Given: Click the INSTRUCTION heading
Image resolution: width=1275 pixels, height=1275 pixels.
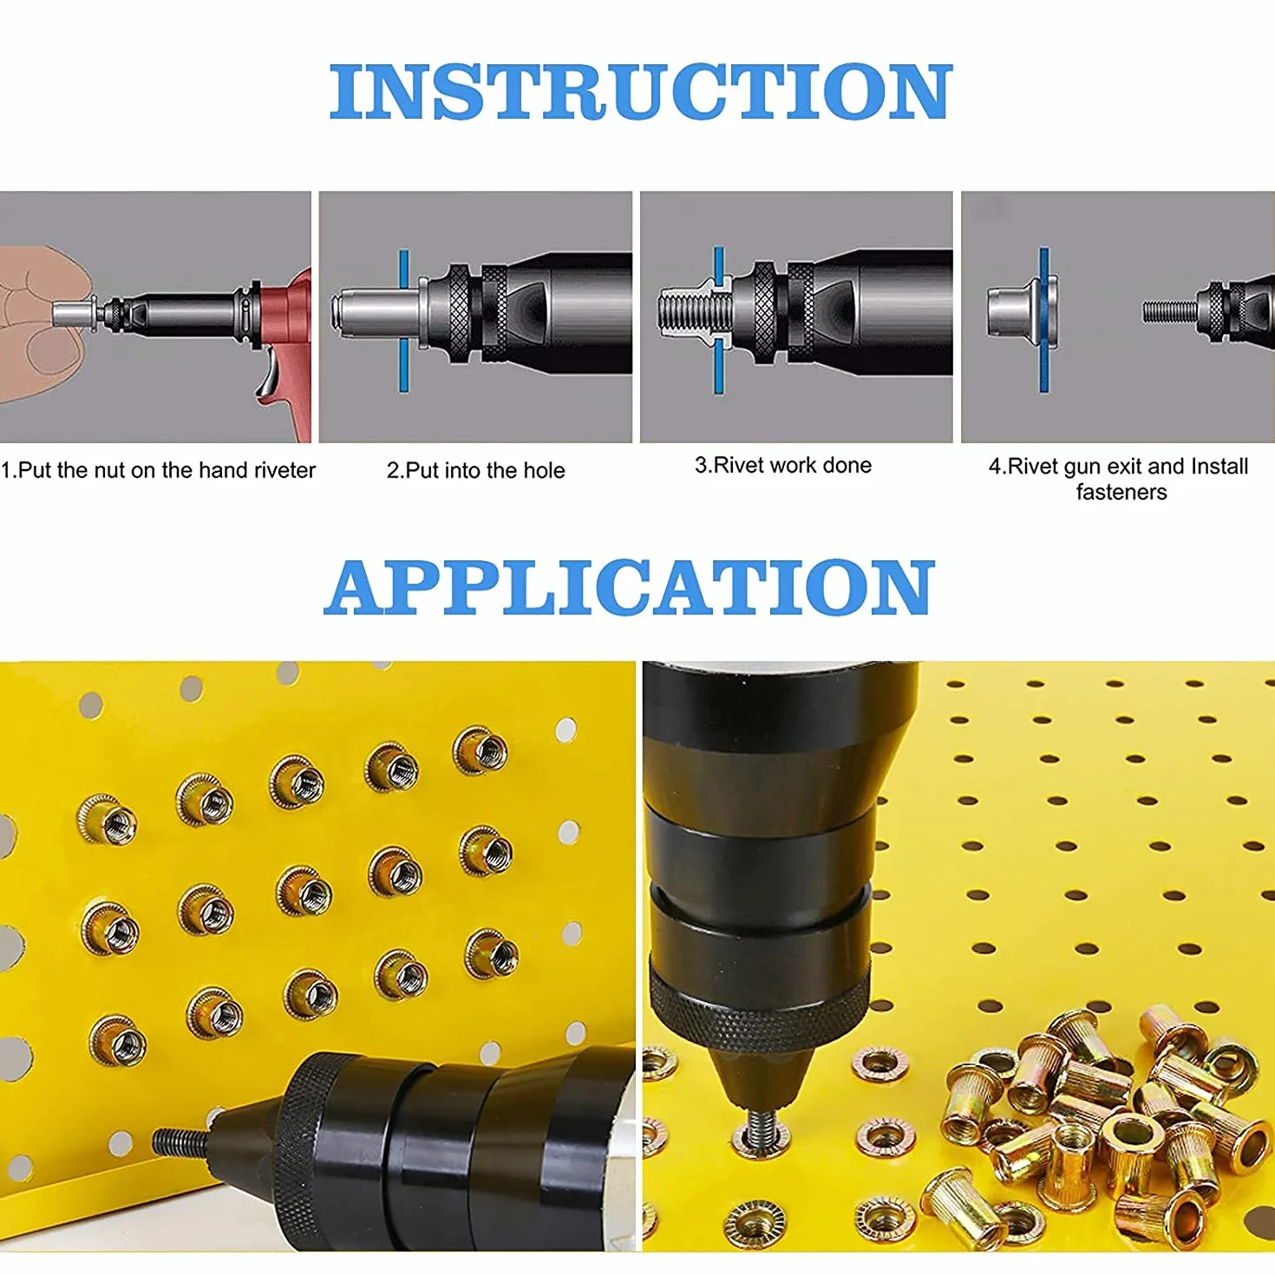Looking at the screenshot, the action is click(640, 92).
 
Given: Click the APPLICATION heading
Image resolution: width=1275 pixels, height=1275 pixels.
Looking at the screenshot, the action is click(629, 587).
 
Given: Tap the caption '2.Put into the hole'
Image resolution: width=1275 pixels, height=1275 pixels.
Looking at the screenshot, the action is click(475, 470).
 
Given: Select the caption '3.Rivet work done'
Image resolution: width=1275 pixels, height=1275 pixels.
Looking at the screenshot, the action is click(782, 465).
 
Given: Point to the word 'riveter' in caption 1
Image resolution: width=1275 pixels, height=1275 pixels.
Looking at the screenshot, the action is click(284, 470).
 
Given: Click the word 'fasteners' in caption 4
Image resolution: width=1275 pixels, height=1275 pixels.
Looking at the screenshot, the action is click(1121, 493).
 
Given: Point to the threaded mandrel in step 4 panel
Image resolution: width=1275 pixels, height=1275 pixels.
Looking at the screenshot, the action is click(1170, 311).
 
